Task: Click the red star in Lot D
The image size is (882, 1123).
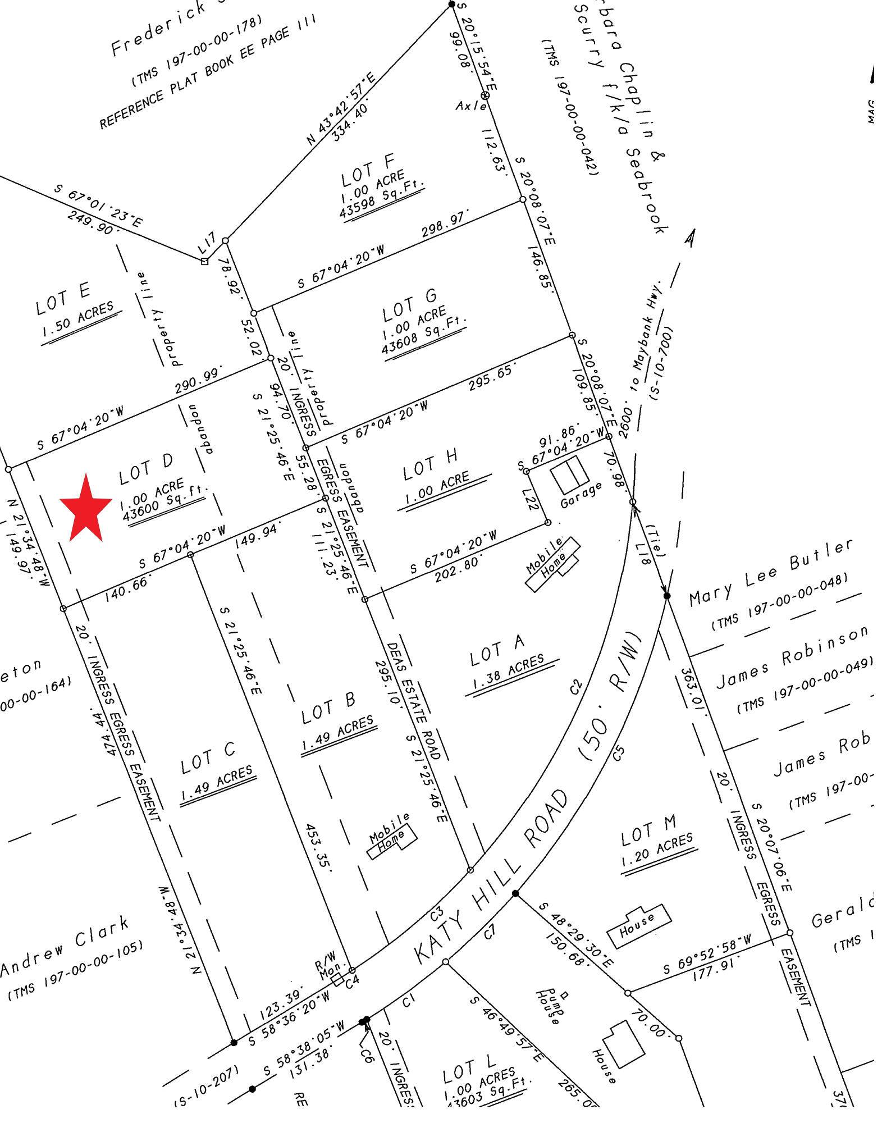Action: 86,509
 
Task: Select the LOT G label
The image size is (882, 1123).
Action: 409,306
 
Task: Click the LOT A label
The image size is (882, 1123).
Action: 497,650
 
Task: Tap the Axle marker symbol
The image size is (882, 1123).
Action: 486,96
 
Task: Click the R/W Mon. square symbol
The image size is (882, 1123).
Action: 337,979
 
